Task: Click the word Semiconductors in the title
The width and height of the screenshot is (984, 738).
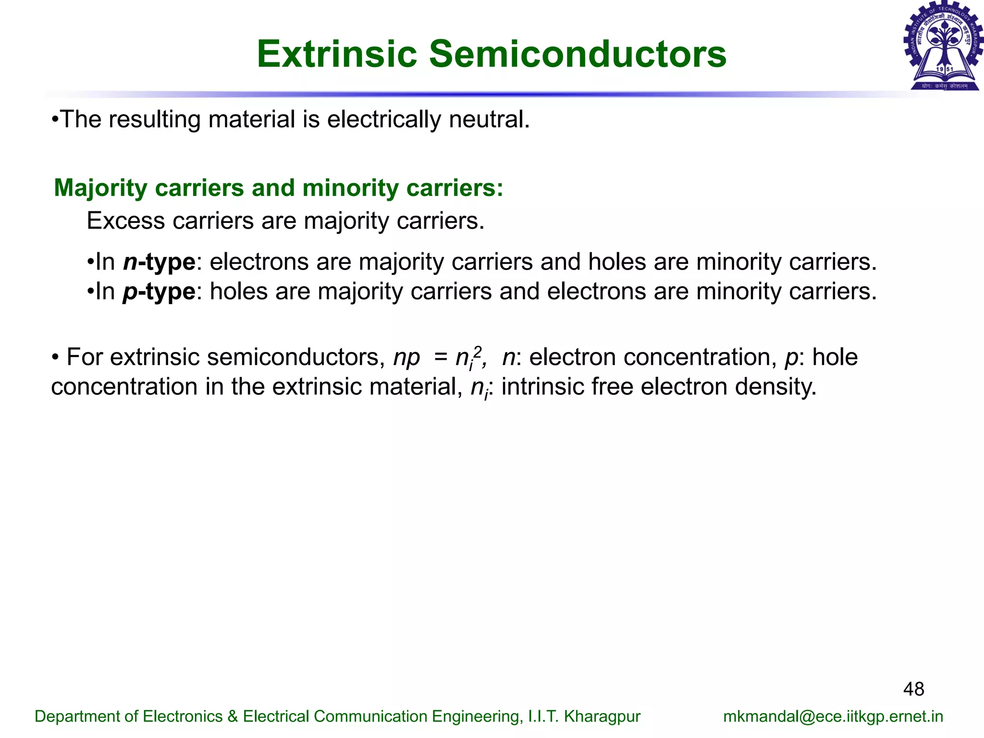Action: coord(578,54)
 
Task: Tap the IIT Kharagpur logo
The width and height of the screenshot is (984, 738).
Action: coord(943,46)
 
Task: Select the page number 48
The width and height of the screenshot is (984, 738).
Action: coord(913,689)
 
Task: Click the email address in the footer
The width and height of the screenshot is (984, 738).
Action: coord(833,716)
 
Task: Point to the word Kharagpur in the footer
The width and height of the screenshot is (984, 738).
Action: coord(602,716)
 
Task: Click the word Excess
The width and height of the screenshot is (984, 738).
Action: coord(126,221)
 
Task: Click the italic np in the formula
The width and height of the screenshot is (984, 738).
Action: coord(406,358)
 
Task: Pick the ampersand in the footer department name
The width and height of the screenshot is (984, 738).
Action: coord(233,716)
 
